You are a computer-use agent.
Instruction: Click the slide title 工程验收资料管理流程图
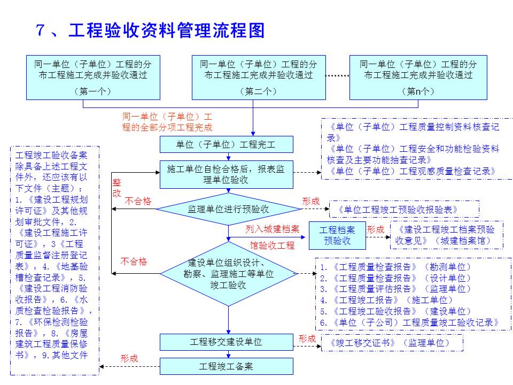166,31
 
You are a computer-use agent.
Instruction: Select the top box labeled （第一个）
93,77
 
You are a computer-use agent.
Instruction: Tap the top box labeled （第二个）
259,77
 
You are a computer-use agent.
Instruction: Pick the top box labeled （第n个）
418,77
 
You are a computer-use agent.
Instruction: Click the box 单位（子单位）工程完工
227,144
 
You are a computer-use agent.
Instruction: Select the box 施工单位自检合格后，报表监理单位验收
227,174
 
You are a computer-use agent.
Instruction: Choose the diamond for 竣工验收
228,273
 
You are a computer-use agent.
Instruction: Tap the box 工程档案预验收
337,235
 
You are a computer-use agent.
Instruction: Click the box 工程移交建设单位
227,342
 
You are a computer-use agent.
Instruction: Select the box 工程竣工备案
227,366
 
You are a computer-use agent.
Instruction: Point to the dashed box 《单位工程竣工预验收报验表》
404,209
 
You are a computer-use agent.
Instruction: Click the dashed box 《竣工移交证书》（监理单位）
392,343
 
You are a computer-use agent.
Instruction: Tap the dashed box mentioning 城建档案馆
446,235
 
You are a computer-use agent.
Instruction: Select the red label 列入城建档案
272,229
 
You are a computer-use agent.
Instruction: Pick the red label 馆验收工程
272,245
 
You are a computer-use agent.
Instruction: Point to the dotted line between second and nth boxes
337,76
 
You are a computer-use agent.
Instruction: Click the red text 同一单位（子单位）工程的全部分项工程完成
167,122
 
